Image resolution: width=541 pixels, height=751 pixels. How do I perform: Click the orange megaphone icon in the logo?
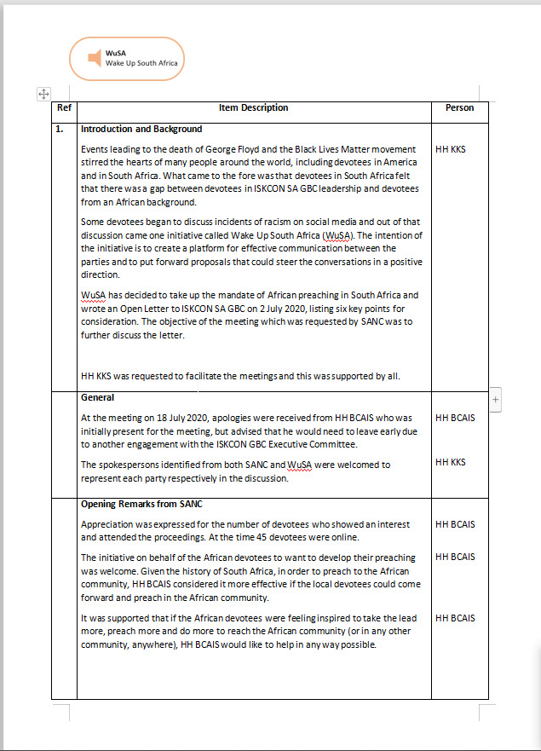pyautogui.click(x=95, y=58)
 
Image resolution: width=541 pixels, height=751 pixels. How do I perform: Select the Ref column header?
pyautogui.click(x=64, y=108)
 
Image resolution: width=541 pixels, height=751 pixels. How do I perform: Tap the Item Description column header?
pyautogui.click(x=253, y=108)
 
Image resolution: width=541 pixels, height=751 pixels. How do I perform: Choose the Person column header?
pyautogui.click(x=459, y=108)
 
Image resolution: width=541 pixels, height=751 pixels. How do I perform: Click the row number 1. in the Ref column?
pyautogui.click(x=60, y=130)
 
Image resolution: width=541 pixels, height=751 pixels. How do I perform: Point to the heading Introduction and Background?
pyautogui.click(x=141, y=130)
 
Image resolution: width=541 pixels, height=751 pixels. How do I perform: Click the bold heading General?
pyautogui.click(x=97, y=398)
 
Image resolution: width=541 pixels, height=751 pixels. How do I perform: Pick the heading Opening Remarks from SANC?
pyautogui.click(x=141, y=504)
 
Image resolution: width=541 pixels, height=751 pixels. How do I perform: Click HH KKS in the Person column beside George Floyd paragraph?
pyautogui.click(x=450, y=149)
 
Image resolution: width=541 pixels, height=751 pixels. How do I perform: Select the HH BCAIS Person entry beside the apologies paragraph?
pyautogui.click(x=455, y=419)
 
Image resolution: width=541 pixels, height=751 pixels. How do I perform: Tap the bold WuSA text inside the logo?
pyautogui.click(x=115, y=53)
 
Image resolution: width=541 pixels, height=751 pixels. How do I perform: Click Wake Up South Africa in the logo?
pyautogui.click(x=141, y=63)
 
